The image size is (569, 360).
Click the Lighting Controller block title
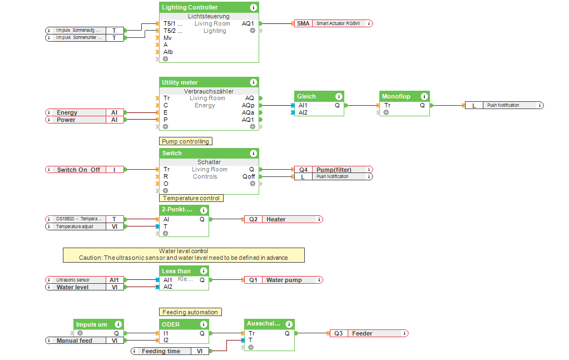[190, 7]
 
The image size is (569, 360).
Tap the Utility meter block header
[180, 82]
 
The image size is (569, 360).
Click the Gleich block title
[306, 96]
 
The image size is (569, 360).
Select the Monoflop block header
[396, 96]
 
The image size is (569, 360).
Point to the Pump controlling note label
[185, 141]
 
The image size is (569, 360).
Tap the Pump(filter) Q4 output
[333, 170]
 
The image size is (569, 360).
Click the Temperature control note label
[191, 198]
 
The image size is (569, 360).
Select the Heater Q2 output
[283, 219]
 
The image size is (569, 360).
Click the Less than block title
[176, 271]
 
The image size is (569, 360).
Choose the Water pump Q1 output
[283, 280]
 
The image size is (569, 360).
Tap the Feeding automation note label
[190, 312]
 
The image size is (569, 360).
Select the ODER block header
[171, 324]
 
